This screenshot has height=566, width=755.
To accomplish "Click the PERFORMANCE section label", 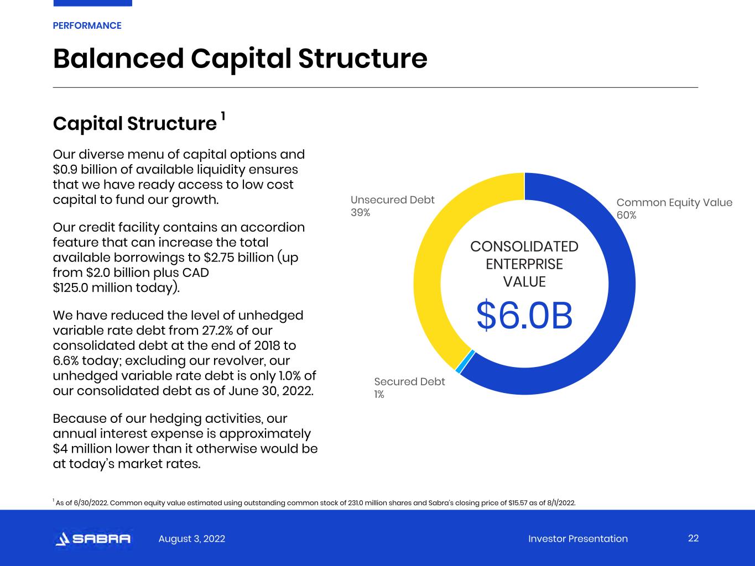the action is pyautogui.click(x=87, y=26).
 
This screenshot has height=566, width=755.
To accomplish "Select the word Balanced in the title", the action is pyautogui.click(x=118, y=59).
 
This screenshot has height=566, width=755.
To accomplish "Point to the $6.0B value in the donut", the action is pyautogui.click(x=524, y=316).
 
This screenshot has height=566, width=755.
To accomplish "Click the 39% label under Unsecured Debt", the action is pyautogui.click(x=361, y=213).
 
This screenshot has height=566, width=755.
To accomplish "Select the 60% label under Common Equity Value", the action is pyautogui.click(x=626, y=216).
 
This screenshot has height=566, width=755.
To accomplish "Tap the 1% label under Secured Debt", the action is pyautogui.click(x=379, y=395).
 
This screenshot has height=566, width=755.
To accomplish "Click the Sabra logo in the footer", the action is pyautogui.click(x=93, y=538).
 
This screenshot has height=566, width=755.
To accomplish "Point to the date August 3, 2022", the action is pyautogui.click(x=191, y=538).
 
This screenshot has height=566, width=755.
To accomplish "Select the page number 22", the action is pyautogui.click(x=693, y=538).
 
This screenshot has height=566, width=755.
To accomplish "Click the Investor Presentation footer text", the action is pyautogui.click(x=578, y=538).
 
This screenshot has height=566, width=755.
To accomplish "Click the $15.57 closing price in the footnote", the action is pyautogui.click(x=518, y=503).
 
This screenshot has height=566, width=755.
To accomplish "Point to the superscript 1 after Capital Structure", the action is pyautogui.click(x=223, y=116).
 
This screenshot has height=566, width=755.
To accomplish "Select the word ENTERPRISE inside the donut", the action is pyautogui.click(x=524, y=264).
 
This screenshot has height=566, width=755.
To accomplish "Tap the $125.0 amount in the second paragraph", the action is pyautogui.click(x=70, y=287).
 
